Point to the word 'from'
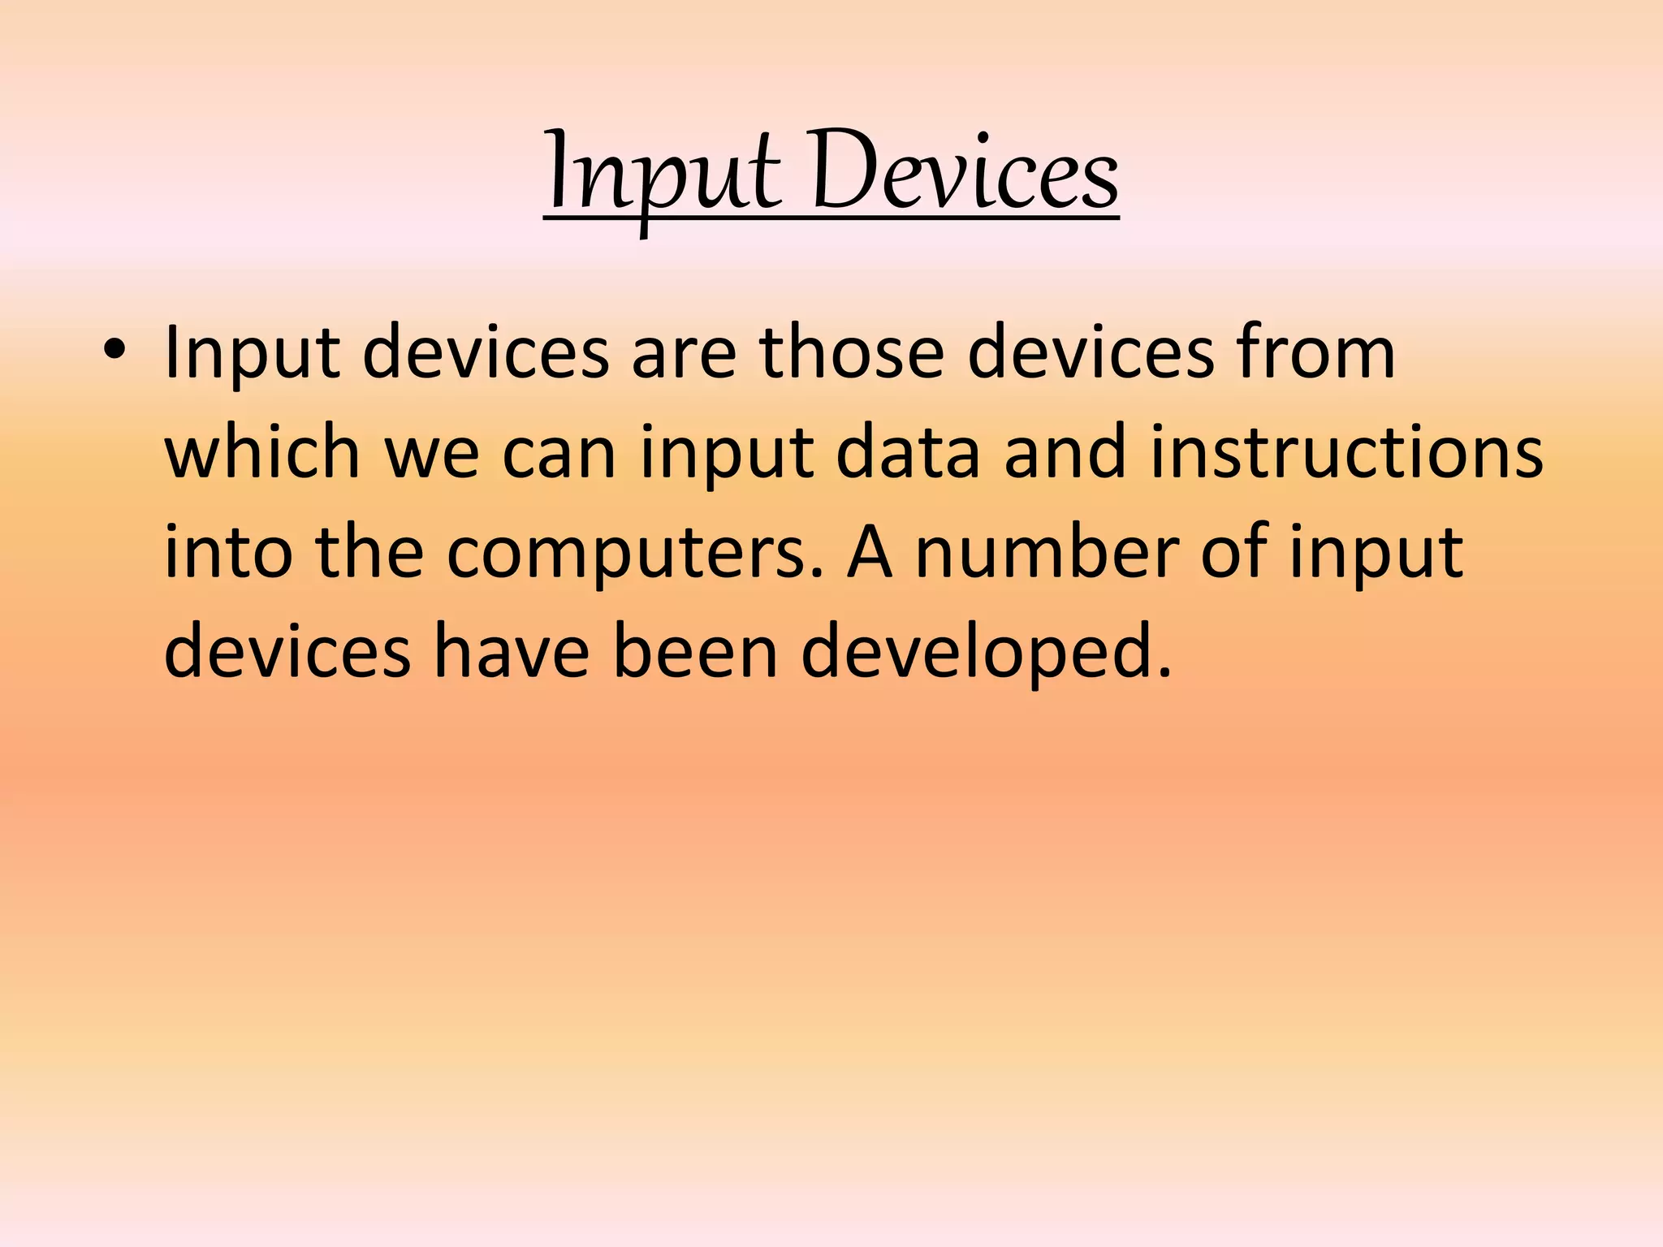pos(1315,353)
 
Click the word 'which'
pos(261,453)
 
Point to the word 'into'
pos(227,553)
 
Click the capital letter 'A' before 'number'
pos(870,553)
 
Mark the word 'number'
pos(1047,553)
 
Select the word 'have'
pos(512,653)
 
